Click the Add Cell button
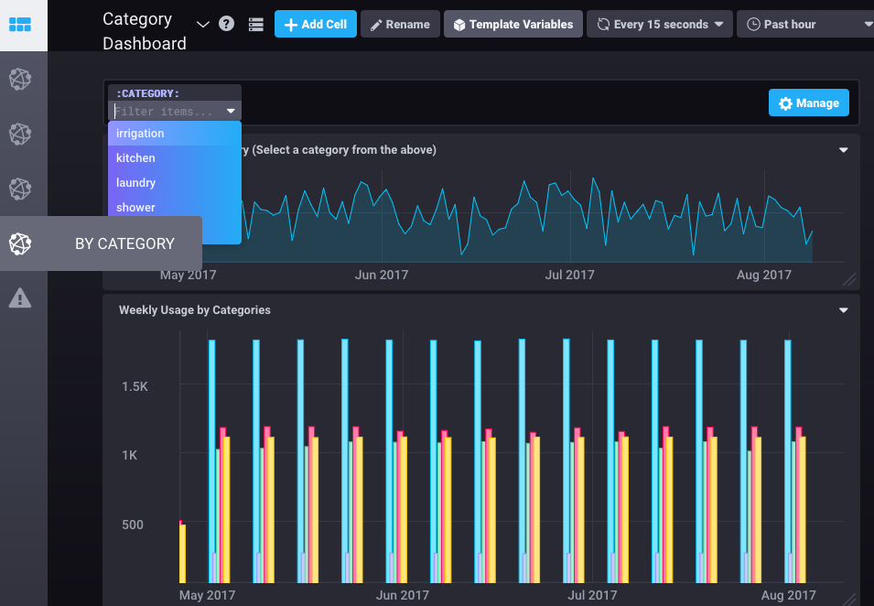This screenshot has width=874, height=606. (316, 24)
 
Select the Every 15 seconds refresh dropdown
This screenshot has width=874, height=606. (659, 24)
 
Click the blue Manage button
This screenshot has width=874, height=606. (808, 103)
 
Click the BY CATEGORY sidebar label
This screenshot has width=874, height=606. (124, 243)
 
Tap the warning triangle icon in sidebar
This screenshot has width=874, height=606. (20, 298)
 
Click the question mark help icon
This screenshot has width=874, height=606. (227, 24)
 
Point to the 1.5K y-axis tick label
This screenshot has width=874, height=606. (135, 387)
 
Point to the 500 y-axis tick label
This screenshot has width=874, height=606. (135, 525)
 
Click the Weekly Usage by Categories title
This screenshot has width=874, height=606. (195, 310)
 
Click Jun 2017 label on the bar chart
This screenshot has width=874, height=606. (403, 595)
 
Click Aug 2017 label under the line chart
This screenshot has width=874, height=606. (764, 275)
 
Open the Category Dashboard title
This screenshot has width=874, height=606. (145, 31)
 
